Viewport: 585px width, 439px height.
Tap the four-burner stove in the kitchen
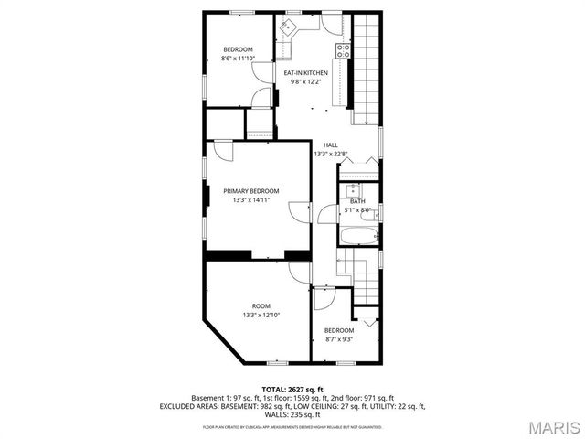343,50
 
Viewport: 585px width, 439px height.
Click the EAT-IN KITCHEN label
304,73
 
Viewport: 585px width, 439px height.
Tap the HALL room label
330,145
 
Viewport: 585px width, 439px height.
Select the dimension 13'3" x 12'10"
261,315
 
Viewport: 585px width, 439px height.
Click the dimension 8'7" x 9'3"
338,339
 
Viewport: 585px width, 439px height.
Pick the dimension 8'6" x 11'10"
238,59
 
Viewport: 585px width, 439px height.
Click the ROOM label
261,305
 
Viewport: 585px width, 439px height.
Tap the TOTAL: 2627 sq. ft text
292,389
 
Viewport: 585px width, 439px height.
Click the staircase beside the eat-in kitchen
365,69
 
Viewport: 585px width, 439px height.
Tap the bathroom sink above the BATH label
354,189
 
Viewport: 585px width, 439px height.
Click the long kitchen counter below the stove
346,87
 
